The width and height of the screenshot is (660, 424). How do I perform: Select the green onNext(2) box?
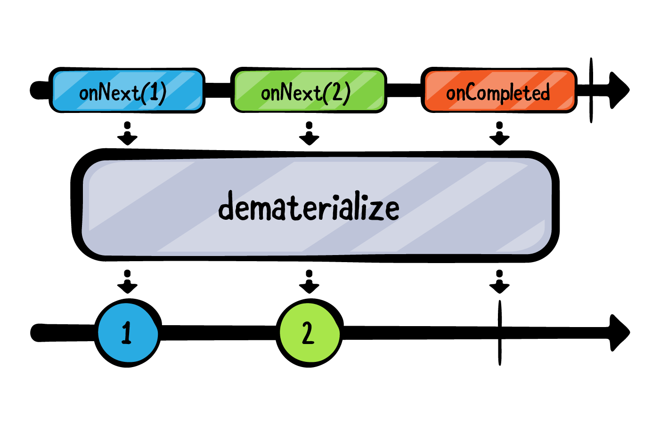[x=309, y=90]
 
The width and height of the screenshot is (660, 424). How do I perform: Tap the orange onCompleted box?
[x=499, y=90]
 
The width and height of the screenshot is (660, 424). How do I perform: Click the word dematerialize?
[x=309, y=208]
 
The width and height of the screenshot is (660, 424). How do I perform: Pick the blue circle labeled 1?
[x=127, y=333]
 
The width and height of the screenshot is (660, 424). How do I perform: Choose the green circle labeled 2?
[x=309, y=333]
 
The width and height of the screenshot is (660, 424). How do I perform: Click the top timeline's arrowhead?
[x=619, y=89]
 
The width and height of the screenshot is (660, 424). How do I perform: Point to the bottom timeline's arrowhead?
[x=619, y=333]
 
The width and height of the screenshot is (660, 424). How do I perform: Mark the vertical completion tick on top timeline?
[x=591, y=90]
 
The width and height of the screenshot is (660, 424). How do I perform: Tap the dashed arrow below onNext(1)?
[x=127, y=134]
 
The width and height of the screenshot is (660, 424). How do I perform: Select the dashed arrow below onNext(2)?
[x=309, y=134]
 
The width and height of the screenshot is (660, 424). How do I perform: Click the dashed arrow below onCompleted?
[x=499, y=134]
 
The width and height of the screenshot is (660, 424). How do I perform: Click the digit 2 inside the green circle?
[x=308, y=333]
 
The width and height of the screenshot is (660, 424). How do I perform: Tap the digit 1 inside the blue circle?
[x=126, y=333]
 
